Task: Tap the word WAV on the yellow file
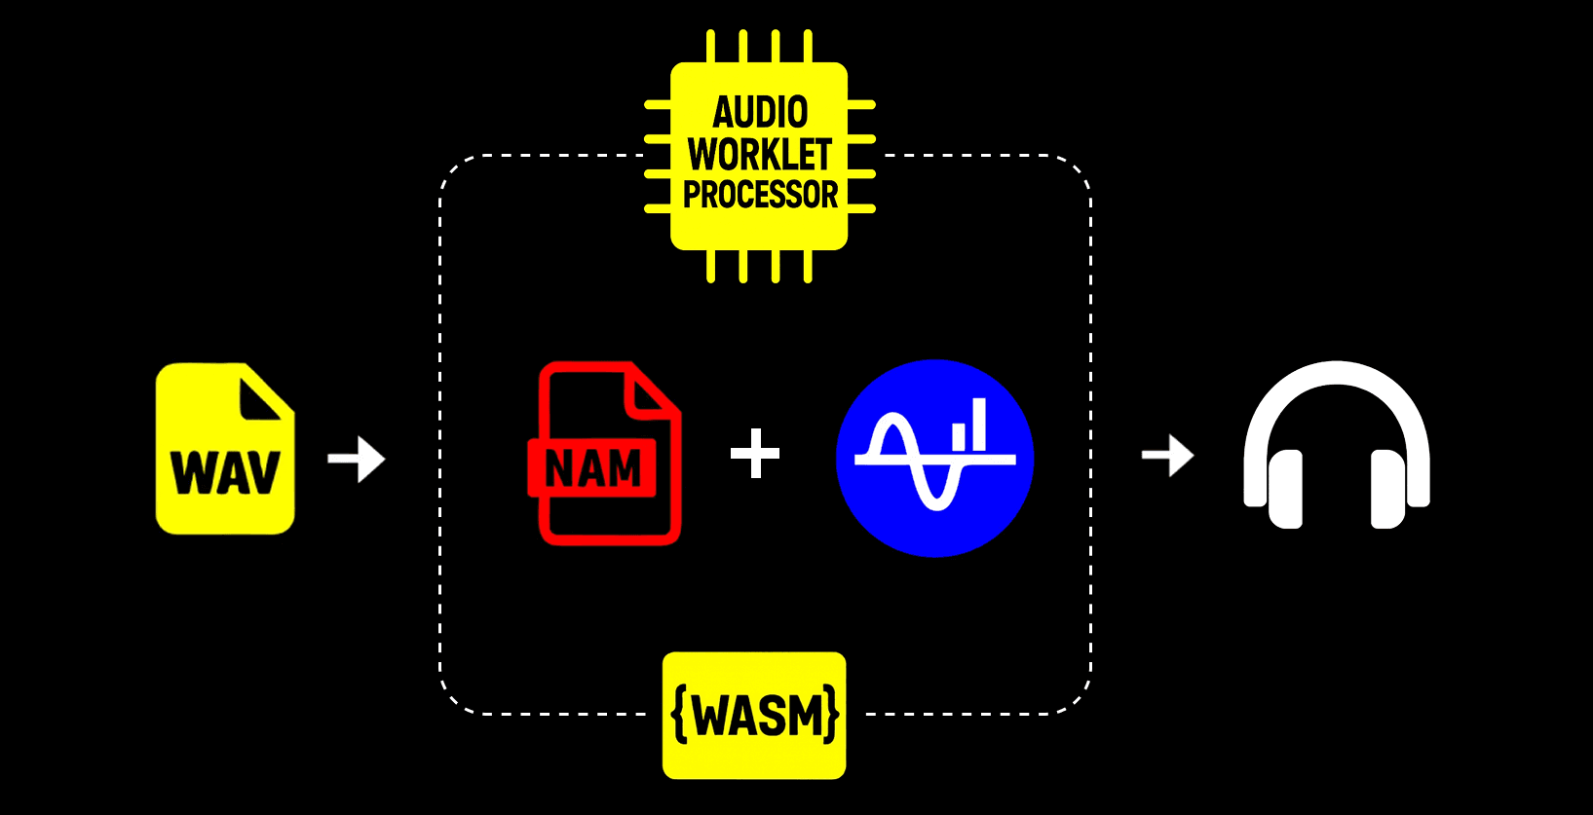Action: [225, 473]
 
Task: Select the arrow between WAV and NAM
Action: [357, 459]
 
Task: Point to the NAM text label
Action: [593, 469]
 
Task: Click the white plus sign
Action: [755, 454]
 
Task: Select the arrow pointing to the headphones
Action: [1167, 455]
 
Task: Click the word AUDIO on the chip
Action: [760, 113]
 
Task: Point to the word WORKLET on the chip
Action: [760, 155]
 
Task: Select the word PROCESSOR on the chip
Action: [760, 195]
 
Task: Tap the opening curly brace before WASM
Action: [680, 716]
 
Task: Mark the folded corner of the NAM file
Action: [653, 394]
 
